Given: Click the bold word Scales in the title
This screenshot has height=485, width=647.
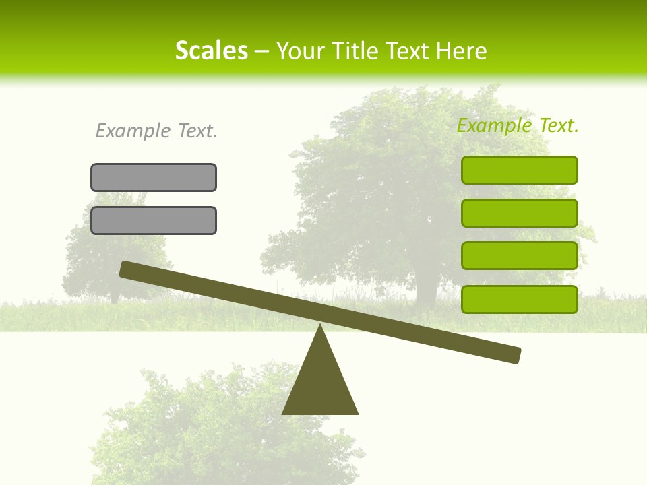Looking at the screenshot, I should [x=211, y=51].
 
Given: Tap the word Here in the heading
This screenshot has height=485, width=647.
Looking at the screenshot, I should [x=462, y=51].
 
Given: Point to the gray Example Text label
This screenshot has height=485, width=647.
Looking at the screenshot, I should [x=156, y=131].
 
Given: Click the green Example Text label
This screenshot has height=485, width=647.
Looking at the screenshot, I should [x=518, y=125].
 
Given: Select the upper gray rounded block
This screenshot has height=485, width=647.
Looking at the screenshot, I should [x=154, y=177].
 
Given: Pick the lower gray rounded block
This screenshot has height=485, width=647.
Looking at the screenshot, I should [x=154, y=220].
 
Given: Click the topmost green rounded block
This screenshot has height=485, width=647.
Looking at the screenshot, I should [x=519, y=170].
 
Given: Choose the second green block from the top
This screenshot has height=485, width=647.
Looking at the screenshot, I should [x=519, y=213].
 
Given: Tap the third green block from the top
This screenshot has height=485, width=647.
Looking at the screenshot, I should [x=519, y=256].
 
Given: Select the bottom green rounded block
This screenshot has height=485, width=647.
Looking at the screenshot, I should [x=519, y=299].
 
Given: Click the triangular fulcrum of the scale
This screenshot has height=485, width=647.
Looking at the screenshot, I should [x=320, y=384].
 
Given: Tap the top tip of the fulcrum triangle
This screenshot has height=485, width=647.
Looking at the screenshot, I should [x=320, y=327].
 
